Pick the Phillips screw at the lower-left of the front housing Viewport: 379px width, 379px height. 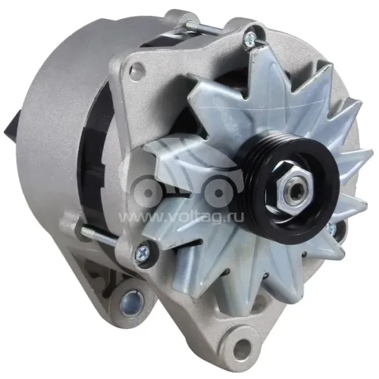[142, 251]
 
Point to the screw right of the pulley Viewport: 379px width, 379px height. [331, 229]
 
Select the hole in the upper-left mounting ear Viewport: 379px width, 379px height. [136, 67]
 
